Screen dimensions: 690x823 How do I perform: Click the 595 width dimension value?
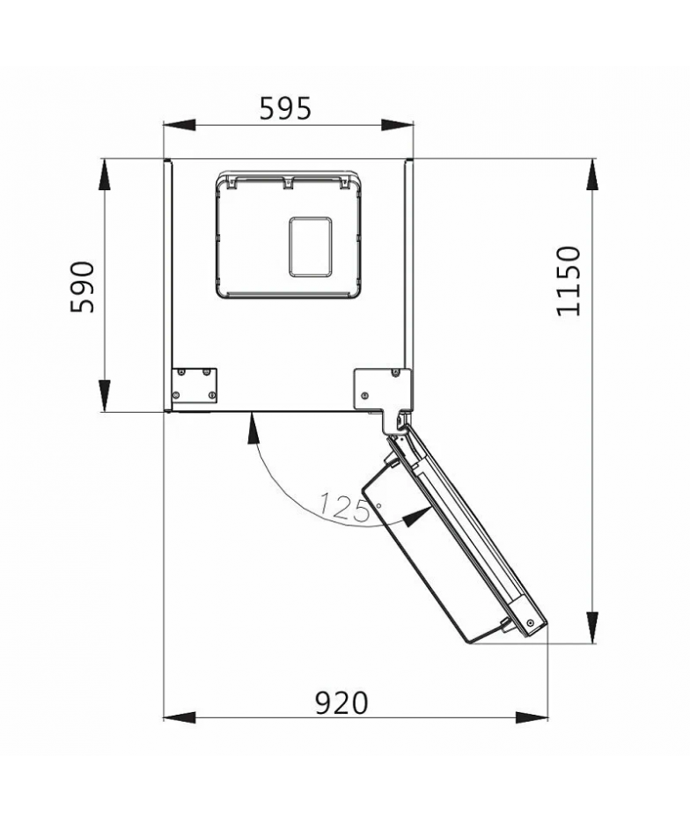pyautogui.click(x=286, y=108)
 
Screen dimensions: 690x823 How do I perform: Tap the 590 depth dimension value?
pyautogui.click(x=83, y=287)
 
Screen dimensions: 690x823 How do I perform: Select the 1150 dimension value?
pyautogui.click(x=569, y=281)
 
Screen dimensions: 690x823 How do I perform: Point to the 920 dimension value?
pyautogui.click(x=341, y=703)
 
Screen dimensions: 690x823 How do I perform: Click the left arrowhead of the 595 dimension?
pyautogui.click(x=180, y=126)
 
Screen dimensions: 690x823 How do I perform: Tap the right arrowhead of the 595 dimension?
pyautogui.click(x=397, y=126)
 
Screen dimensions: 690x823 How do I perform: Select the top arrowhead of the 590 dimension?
pyautogui.click(x=105, y=175)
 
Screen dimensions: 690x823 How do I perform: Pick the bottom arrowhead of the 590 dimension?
pyautogui.click(x=105, y=396)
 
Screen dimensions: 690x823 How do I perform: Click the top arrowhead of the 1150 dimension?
pyautogui.click(x=593, y=175)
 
